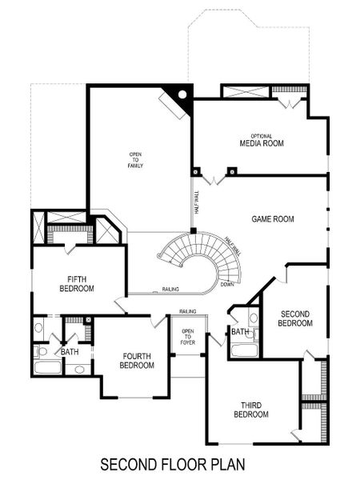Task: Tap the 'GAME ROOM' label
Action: (273, 218)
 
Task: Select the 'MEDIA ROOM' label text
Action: (262, 144)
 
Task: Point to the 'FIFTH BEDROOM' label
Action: (77, 283)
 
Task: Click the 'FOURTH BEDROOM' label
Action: (137, 361)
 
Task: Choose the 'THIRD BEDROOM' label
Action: (250, 410)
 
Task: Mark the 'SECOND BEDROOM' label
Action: (294, 318)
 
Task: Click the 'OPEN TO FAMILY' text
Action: (135, 160)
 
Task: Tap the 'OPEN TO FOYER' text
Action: (188, 338)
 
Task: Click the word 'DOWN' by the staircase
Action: (227, 284)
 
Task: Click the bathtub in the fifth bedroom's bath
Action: (49, 369)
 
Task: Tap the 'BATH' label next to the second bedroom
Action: (239, 331)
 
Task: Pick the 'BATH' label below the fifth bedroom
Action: (70, 351)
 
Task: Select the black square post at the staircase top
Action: (193, 231)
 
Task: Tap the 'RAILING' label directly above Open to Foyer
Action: (188, 311)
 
